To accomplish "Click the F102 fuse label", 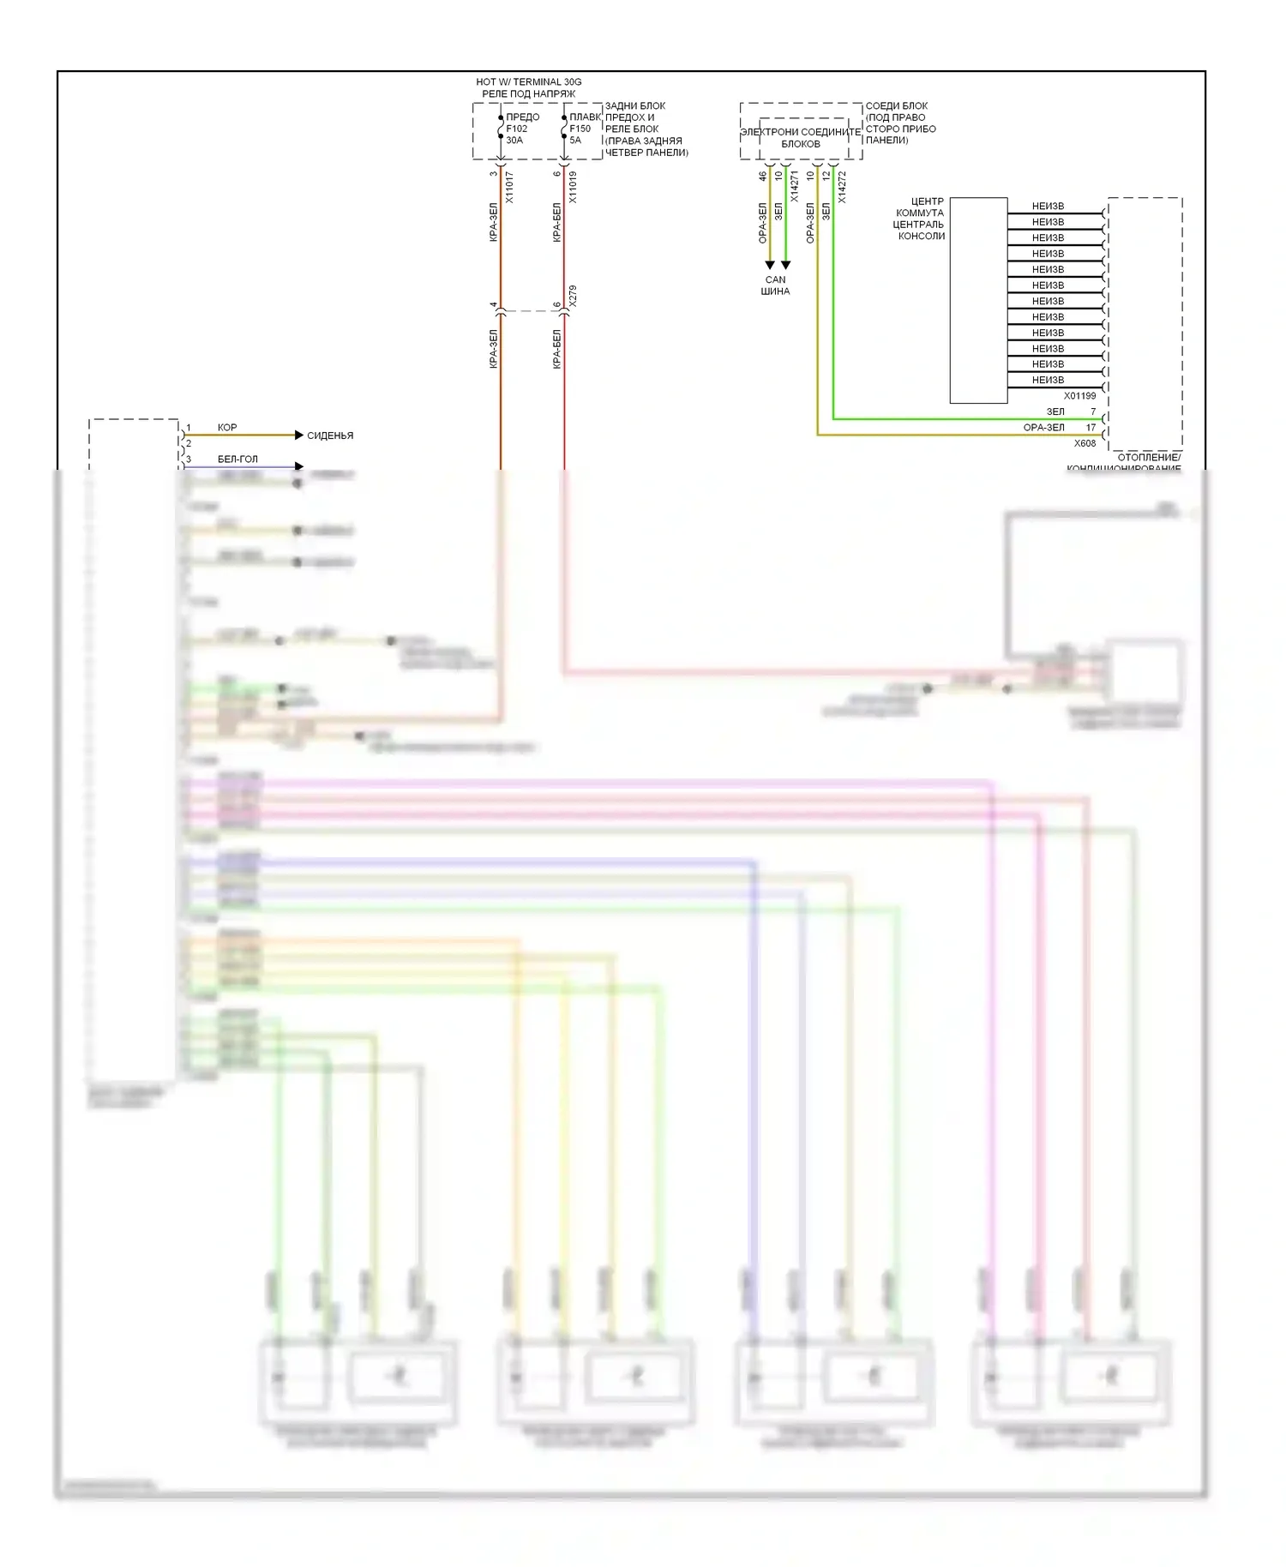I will click(x=516, y=129).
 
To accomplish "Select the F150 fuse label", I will click(x=580, y=129).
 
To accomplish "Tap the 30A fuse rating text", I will click(x=514, y=141).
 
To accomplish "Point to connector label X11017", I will click(x=509, y=187).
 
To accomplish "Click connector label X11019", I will click(x=573, y=187).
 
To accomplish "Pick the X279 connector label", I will click(x=573, y=297).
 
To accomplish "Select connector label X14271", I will click(x=795, y=187).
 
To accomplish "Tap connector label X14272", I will click(x=842, y=187).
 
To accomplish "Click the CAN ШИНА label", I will click(x=775, y=285).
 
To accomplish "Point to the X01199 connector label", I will click(x=1079, y=396).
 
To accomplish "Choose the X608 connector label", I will click(x=1085, y=444).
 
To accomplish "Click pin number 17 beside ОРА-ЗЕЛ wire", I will click(x=1091, y=427).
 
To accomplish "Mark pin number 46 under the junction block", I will click(x=762, y=176).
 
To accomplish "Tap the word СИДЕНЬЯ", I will click(x=330, y=435).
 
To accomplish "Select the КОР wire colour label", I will click(x=227, y=427).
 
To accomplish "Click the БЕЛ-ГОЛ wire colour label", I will click(x=237, y=459).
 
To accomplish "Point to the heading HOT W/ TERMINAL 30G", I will click(x=528, y=82).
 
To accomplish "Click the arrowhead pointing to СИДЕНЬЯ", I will click(x=299, y=435).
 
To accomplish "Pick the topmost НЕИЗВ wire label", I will click(x=1048, y=207).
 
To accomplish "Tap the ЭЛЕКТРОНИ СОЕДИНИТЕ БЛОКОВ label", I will click(x=800, y=138).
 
